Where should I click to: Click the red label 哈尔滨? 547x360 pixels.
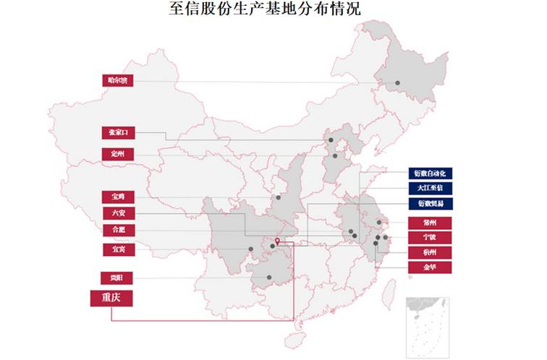[117, 80]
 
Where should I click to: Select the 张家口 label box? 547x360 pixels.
[117, 132]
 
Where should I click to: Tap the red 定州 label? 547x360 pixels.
[117, 154]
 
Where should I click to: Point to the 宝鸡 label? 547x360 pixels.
[117, 197]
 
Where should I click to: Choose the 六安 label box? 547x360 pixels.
[117, 213]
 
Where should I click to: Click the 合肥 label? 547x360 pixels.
[117, 230]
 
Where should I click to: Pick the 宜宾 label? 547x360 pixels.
[117, 249]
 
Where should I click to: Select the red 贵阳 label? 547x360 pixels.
[117, 278]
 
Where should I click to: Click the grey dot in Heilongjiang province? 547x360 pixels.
[397, 84]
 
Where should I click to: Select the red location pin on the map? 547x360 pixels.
[278, 241]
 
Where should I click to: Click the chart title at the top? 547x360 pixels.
[274, 9]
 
